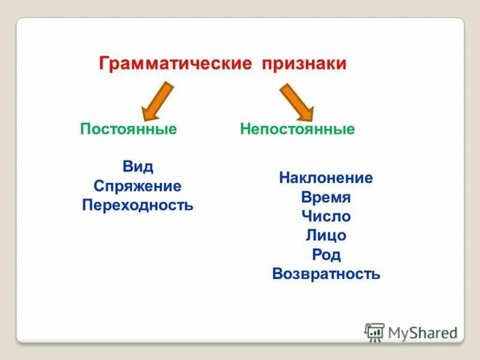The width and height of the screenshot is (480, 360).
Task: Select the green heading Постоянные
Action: pyautogui.click(x=128, y=129)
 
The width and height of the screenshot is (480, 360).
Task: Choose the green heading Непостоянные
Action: pyautogui.click(x=298, y=129)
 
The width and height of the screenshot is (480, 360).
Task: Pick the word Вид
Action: pyautogui.click(x=137, y=167)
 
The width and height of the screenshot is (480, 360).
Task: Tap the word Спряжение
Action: pyautogui.click(x=137, y=186)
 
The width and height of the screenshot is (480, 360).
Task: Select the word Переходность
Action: pyautogui.click(x=137, y=205)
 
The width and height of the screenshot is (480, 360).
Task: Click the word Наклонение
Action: pyautogui.click(x=326, y=178)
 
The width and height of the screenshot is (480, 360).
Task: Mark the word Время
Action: pyautogui.click(x=326, y=197)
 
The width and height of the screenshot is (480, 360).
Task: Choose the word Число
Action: pyautogui.click(x=326, y=217)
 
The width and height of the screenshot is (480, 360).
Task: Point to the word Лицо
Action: pyautogui.click(x=326, y=236)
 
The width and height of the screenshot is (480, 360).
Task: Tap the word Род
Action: pyautogui.click(x=326, y=255)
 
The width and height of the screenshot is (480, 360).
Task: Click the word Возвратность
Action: pyautogui.click(x=326, y=274)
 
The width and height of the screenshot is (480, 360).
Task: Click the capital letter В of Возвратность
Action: pyautogui.click(x=277, y=274)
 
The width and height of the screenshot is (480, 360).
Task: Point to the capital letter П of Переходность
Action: pyautogui.click(x=87, y=205)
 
